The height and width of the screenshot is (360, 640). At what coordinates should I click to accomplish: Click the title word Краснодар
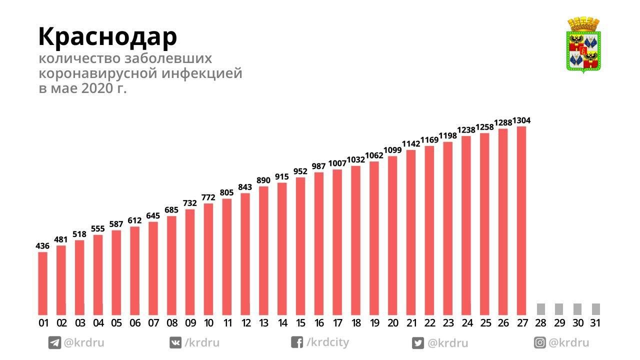point(107,36)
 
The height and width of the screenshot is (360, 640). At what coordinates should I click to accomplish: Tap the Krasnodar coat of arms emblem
point(583,45)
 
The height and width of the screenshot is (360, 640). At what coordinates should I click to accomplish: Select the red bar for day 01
point(43,283)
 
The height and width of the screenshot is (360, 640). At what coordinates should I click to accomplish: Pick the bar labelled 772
point(208,258)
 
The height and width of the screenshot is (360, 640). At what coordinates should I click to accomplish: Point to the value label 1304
point(521,120)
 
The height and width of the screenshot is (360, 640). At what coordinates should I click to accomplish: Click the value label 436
point(42,246)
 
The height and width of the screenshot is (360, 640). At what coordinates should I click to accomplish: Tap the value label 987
point(318,166)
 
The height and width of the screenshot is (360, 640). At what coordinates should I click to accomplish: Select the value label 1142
point(411,144)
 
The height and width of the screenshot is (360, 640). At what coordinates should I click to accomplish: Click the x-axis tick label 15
point(300,323)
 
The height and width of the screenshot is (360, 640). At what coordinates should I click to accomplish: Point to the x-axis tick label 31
point(595,323)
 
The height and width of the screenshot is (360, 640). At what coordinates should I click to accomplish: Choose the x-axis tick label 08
point(171,323)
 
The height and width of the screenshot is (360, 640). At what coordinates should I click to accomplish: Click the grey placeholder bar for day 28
point(540,309)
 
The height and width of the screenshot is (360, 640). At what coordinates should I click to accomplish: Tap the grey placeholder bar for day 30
point(577,309)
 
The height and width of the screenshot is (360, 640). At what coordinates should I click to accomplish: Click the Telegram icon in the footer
point(54,343)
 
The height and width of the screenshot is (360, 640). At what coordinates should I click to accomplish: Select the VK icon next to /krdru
point(175,343)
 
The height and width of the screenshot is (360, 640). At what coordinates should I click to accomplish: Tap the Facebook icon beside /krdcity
point(297,342)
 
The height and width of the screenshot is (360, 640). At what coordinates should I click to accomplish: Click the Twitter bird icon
point(418,343)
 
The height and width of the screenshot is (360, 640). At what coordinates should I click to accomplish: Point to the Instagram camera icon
point(540,343)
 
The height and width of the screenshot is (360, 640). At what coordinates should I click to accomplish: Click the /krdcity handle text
point(327,342)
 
